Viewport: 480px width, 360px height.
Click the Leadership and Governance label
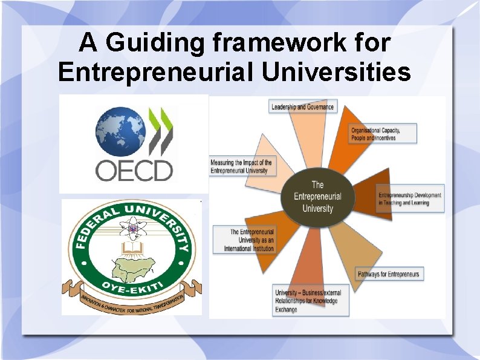coord(302,107)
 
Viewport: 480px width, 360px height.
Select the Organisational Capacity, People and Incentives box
coord(384,134)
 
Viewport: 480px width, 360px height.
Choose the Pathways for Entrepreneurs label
coord(389,274)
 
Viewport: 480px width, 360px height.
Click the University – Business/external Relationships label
coord(311,301)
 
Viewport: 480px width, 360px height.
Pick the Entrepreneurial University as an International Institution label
coord(245,240)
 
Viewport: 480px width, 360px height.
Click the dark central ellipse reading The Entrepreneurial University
coord(317,197)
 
